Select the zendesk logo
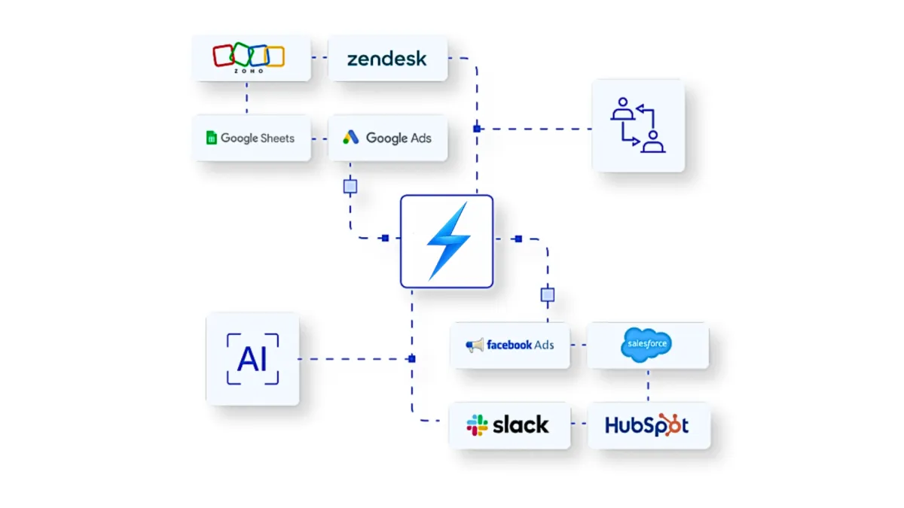pyautogui.click(x=387, y=59)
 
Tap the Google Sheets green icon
pyautogui.click(x=212, y=138)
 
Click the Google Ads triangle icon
pyautogui.click(x=351, y=138)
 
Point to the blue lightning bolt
pyautogui.click(x=447, y=241)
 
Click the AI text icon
pyautogui.click(x=252, y=359)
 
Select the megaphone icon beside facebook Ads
pyautogui.click(x=475, y=345)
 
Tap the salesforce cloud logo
pyautogui.click(x=646, y=345)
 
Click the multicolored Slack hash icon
pyautogui.click(x=478, y=425)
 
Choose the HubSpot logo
pyautogui.click(x=647, y=425)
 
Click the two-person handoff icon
pyautogui.click(x=637, y=126)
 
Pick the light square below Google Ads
pyautogui.click(x=350, y=186)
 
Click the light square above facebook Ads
pyautogui.click(x=548, y=294)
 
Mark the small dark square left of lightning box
pyautogui.click(x=385, y=238)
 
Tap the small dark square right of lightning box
pyautogui.click(x=518, y=239)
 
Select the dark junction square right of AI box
pyautogui.click(x=411, y=359)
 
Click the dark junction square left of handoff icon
pyautogui.click(x=477, y=129)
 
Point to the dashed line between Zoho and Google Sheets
pyautogui.click(x=246, y=98)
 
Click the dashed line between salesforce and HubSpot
pyautogui.click(x=648, y=385)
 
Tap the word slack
pyautogui.click(x=521, y=425)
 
